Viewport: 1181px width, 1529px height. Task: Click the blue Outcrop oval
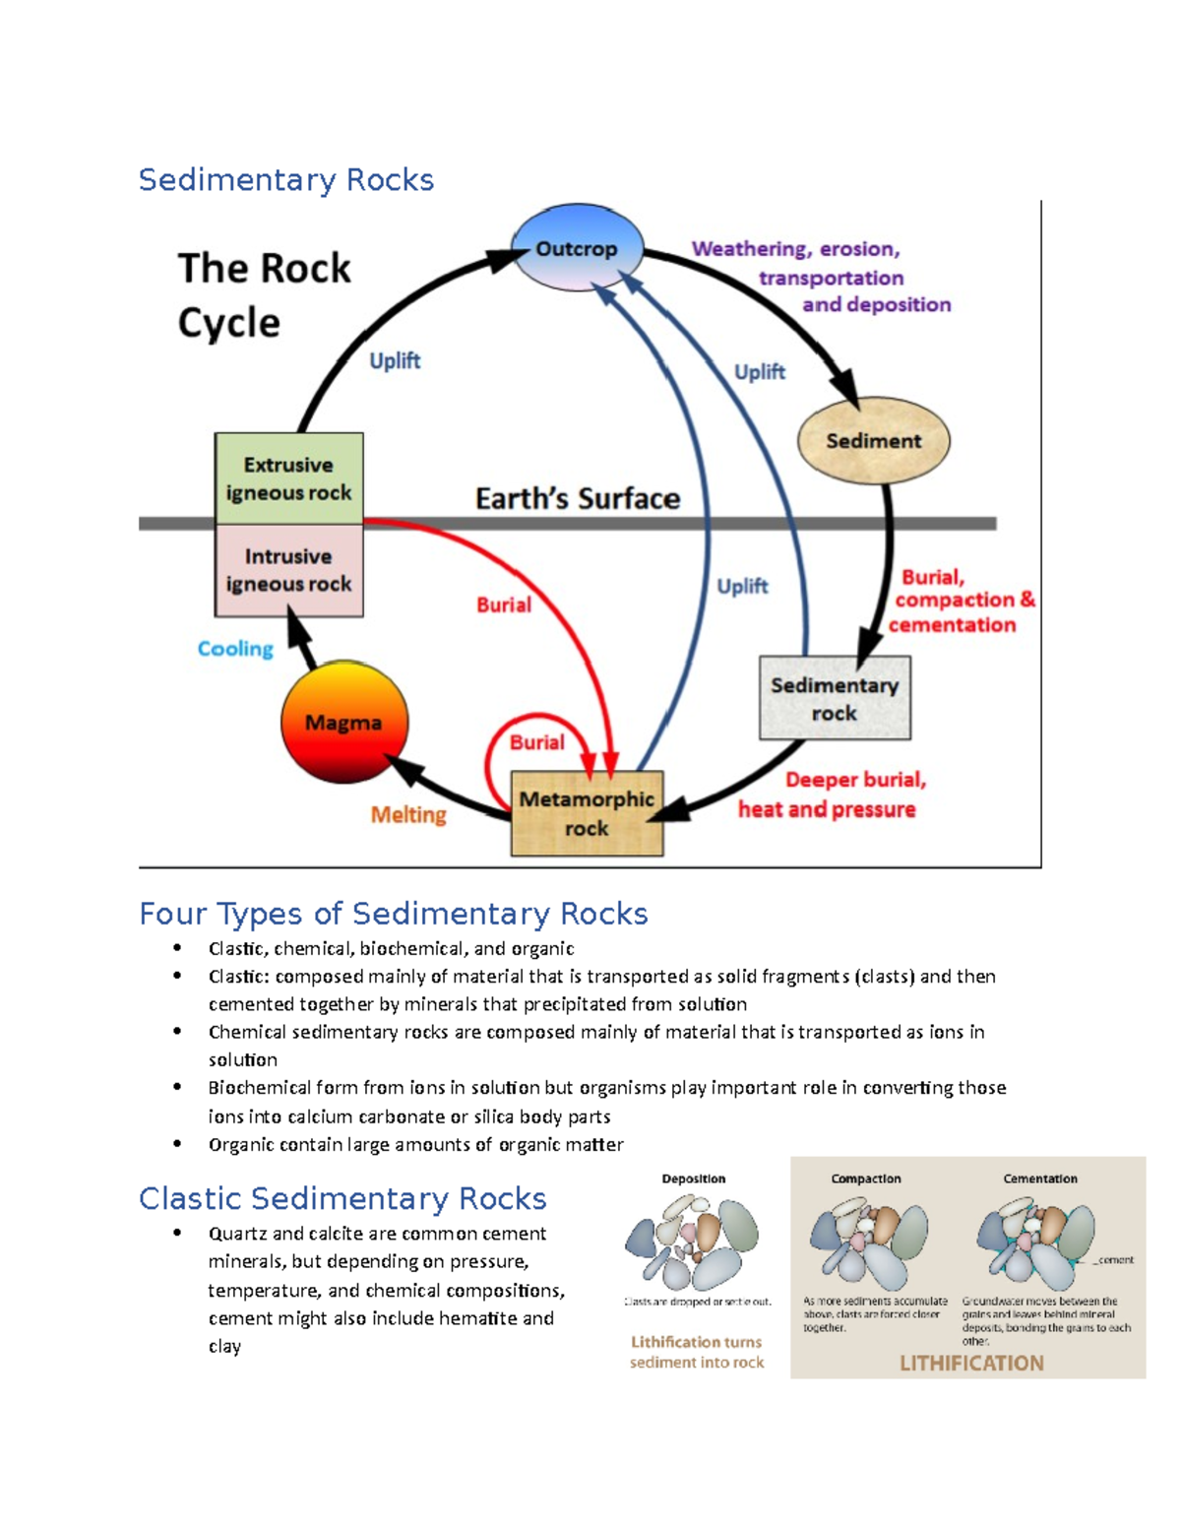[577, 248]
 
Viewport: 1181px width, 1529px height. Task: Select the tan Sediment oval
[873, 441]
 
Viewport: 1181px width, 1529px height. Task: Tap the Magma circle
[343, 723]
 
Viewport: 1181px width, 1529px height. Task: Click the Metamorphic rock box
[587, 813]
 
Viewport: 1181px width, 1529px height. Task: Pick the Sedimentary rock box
[835, 698]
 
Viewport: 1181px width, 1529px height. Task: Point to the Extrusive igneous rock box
[288, 478]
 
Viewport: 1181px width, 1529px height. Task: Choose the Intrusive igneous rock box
[288, 570]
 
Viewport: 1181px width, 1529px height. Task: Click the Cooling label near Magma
[235, 649]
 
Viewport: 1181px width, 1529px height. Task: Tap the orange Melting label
[407, 815]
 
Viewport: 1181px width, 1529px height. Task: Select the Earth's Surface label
[578, 498]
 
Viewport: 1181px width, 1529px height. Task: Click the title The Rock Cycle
[263, 294]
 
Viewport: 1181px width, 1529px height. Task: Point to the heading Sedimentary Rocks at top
[285, 180]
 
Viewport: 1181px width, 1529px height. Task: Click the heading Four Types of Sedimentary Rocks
[393, 914]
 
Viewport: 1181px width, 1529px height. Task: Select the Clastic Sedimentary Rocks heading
[342, 1198]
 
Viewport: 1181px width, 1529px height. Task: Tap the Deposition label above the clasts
[693, 1179]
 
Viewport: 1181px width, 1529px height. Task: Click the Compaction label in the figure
[865, 1179]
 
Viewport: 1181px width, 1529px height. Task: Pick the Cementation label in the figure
[1039, 1179]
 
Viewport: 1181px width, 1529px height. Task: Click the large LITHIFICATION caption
[971, 1363]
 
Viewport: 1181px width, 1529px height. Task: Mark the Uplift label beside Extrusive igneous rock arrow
[395, 361]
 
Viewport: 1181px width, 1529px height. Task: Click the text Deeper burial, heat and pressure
[832, 795]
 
